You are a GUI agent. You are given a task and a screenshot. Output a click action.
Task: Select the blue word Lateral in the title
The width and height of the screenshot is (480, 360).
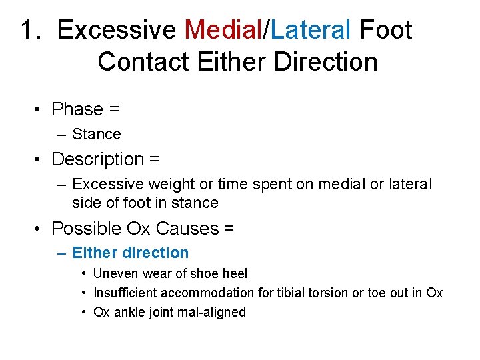coord(311,30)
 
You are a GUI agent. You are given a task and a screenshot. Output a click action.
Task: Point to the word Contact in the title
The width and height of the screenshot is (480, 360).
coord(143,62)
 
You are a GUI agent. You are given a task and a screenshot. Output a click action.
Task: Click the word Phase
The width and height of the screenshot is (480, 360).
coord(77,109)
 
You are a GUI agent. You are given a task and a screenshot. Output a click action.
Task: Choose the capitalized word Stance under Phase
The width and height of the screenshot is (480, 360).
coord(97,134)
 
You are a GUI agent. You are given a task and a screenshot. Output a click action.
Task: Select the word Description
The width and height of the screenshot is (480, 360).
coord(98,159)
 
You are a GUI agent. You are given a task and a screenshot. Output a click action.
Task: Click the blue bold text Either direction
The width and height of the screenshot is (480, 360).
coord(131,253)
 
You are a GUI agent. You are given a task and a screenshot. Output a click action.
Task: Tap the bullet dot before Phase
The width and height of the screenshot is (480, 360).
coord(41,109)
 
